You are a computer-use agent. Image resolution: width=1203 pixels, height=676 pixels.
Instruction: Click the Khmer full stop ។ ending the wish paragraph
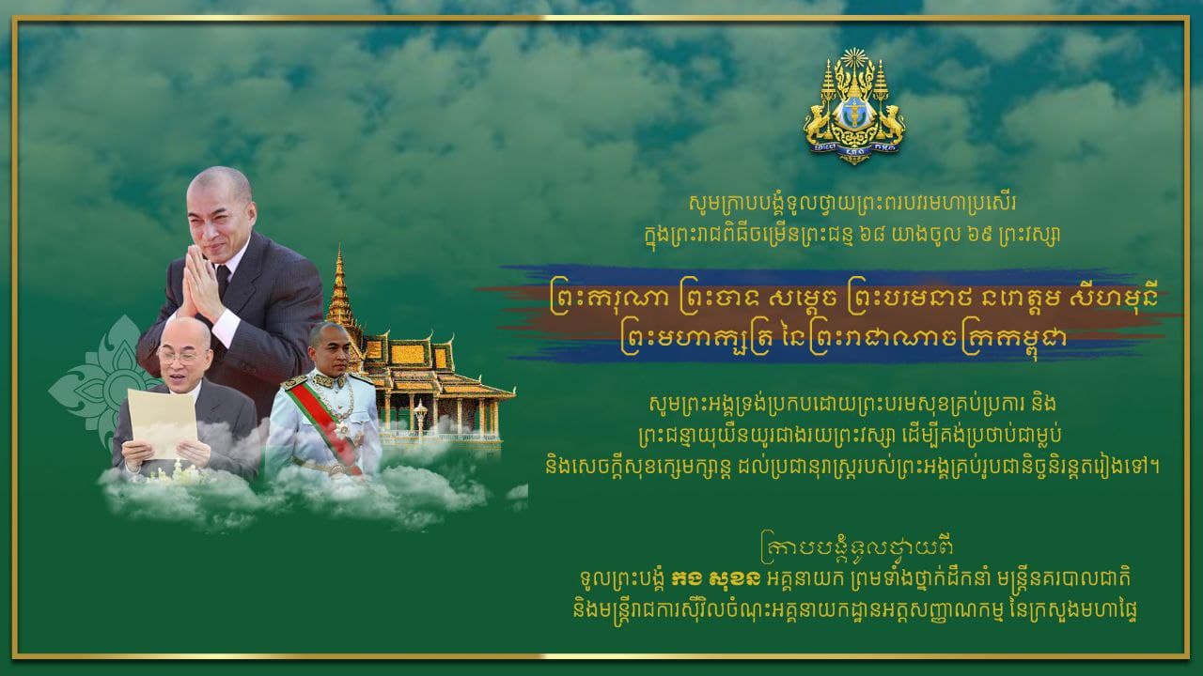(1154, 466)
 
